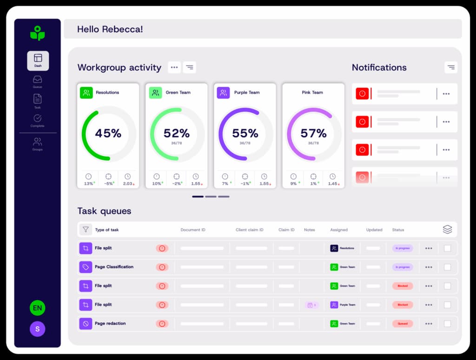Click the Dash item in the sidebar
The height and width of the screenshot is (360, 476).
point(38,60)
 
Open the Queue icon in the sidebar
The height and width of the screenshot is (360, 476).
point(38,80)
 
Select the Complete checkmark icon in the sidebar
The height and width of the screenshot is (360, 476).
point(38,118)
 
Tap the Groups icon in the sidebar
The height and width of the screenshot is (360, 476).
point(38,142)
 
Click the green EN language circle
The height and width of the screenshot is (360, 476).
point(37,308)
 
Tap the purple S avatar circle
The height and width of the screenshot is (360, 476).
point(37,329)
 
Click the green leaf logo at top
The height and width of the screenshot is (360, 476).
point(37,33)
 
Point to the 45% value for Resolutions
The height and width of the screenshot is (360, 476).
point(108,133)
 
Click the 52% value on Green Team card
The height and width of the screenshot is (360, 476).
point(177,133)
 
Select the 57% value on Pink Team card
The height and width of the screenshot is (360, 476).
point(313,133)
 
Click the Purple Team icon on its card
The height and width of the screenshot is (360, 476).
point(223,92)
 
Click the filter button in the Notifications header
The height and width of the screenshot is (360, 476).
point(450,67)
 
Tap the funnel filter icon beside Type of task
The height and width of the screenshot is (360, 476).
point(86,229)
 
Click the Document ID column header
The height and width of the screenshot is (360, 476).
point(193,230)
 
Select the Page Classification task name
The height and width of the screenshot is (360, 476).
point(114,267)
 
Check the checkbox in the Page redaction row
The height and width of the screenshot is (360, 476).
point(447,324)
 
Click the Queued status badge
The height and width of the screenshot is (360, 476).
point(402,324)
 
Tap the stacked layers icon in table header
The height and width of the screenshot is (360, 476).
point(447,229)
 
